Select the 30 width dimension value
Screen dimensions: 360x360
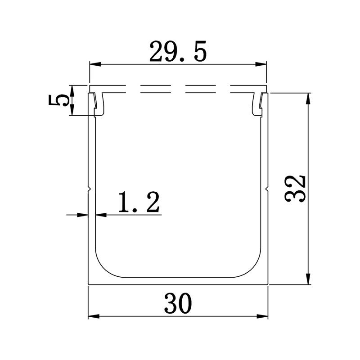178,303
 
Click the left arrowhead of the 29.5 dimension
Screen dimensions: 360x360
93,65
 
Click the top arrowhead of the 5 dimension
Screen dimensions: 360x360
72,89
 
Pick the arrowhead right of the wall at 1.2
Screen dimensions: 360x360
99,215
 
